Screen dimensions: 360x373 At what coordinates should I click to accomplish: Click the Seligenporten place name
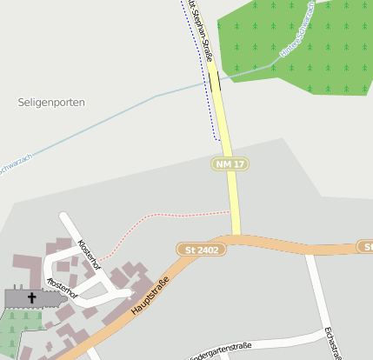51,103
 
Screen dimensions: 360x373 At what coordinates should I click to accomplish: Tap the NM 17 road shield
230,163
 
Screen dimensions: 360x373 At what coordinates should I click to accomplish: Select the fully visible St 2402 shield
201,250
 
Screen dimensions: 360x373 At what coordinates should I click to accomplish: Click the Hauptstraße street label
149,295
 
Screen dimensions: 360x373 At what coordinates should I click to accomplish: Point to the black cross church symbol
33,297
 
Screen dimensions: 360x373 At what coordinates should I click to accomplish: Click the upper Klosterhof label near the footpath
90,254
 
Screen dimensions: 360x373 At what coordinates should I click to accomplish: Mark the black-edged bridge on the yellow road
214,81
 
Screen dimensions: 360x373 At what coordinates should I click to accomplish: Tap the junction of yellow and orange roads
235,237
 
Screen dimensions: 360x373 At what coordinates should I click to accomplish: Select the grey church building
35,299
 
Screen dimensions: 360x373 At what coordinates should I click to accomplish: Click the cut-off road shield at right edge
366,247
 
